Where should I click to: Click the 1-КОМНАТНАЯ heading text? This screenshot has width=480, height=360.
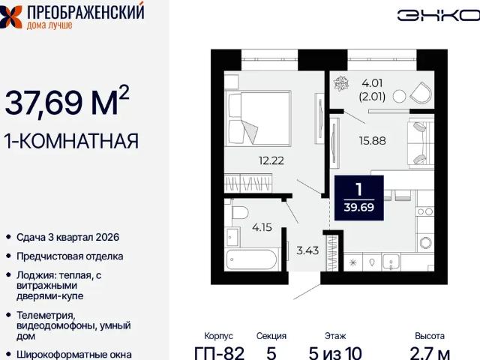pyautogui.click(x=72, y=140)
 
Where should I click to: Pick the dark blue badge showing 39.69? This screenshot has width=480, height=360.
pyautogui.click(x=358, y=197)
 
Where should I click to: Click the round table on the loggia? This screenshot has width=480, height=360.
pyautogui.click(x=399, y=94)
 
